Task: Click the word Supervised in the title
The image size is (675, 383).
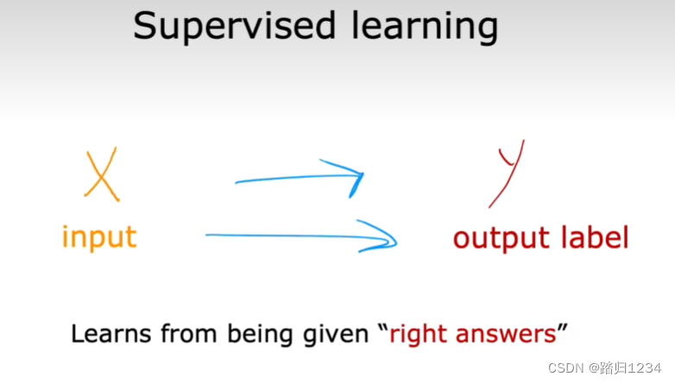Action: (234, 27)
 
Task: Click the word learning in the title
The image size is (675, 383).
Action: (425, 27)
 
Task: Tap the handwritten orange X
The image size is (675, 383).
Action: (102, 175)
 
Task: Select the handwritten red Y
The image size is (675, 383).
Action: (508, 173)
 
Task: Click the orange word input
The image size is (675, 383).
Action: (99, 238)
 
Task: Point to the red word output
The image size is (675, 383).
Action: (502, 239)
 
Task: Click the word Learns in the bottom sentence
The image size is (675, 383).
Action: (111, 334)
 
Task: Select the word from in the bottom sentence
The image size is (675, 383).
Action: (188, 334)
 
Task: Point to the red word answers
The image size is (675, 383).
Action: (506, 335)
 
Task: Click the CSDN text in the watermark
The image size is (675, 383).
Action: (566, 368)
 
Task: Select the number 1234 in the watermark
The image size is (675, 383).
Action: (644, 368)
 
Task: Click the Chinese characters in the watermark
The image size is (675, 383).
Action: (614, 368)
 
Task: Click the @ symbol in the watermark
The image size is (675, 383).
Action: (594, 368)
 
